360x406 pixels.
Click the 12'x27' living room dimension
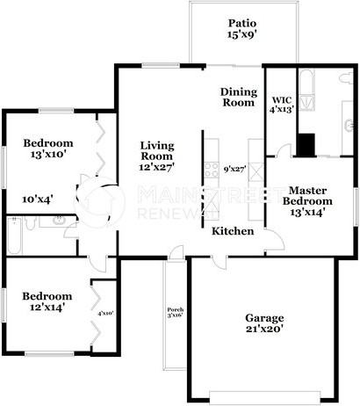pyautogui.click(x=156, y=169)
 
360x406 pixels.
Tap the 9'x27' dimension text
pyautogui.click(x=236, y=168)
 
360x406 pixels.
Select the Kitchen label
pyautogui.click(x=233, y=231)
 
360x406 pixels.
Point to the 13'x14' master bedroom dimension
pyautogui.click(x=307, y=212)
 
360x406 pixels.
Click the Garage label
pyautogui.click(x=263, y=319)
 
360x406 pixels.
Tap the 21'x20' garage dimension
pyautogui.click(x=263, y=332)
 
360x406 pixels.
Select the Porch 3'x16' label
pyautogui.click(x=176, y=313)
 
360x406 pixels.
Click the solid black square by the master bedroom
pyautogui.click(x=306, y=144)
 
